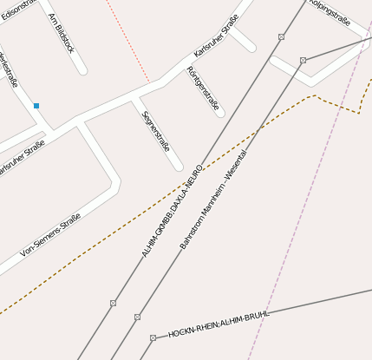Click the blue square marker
click(36, 106)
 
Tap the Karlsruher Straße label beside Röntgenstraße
click(216, 42)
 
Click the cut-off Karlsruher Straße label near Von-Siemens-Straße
click(21, 161)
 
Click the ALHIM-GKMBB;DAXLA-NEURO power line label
click(173, 211)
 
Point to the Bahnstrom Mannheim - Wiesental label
click(213, 200)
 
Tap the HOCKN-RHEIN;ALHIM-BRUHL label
click(219, 323)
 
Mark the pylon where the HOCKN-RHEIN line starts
click(153, 337)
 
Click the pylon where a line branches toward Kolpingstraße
click(303, 60)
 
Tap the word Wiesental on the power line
click(236, 165)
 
